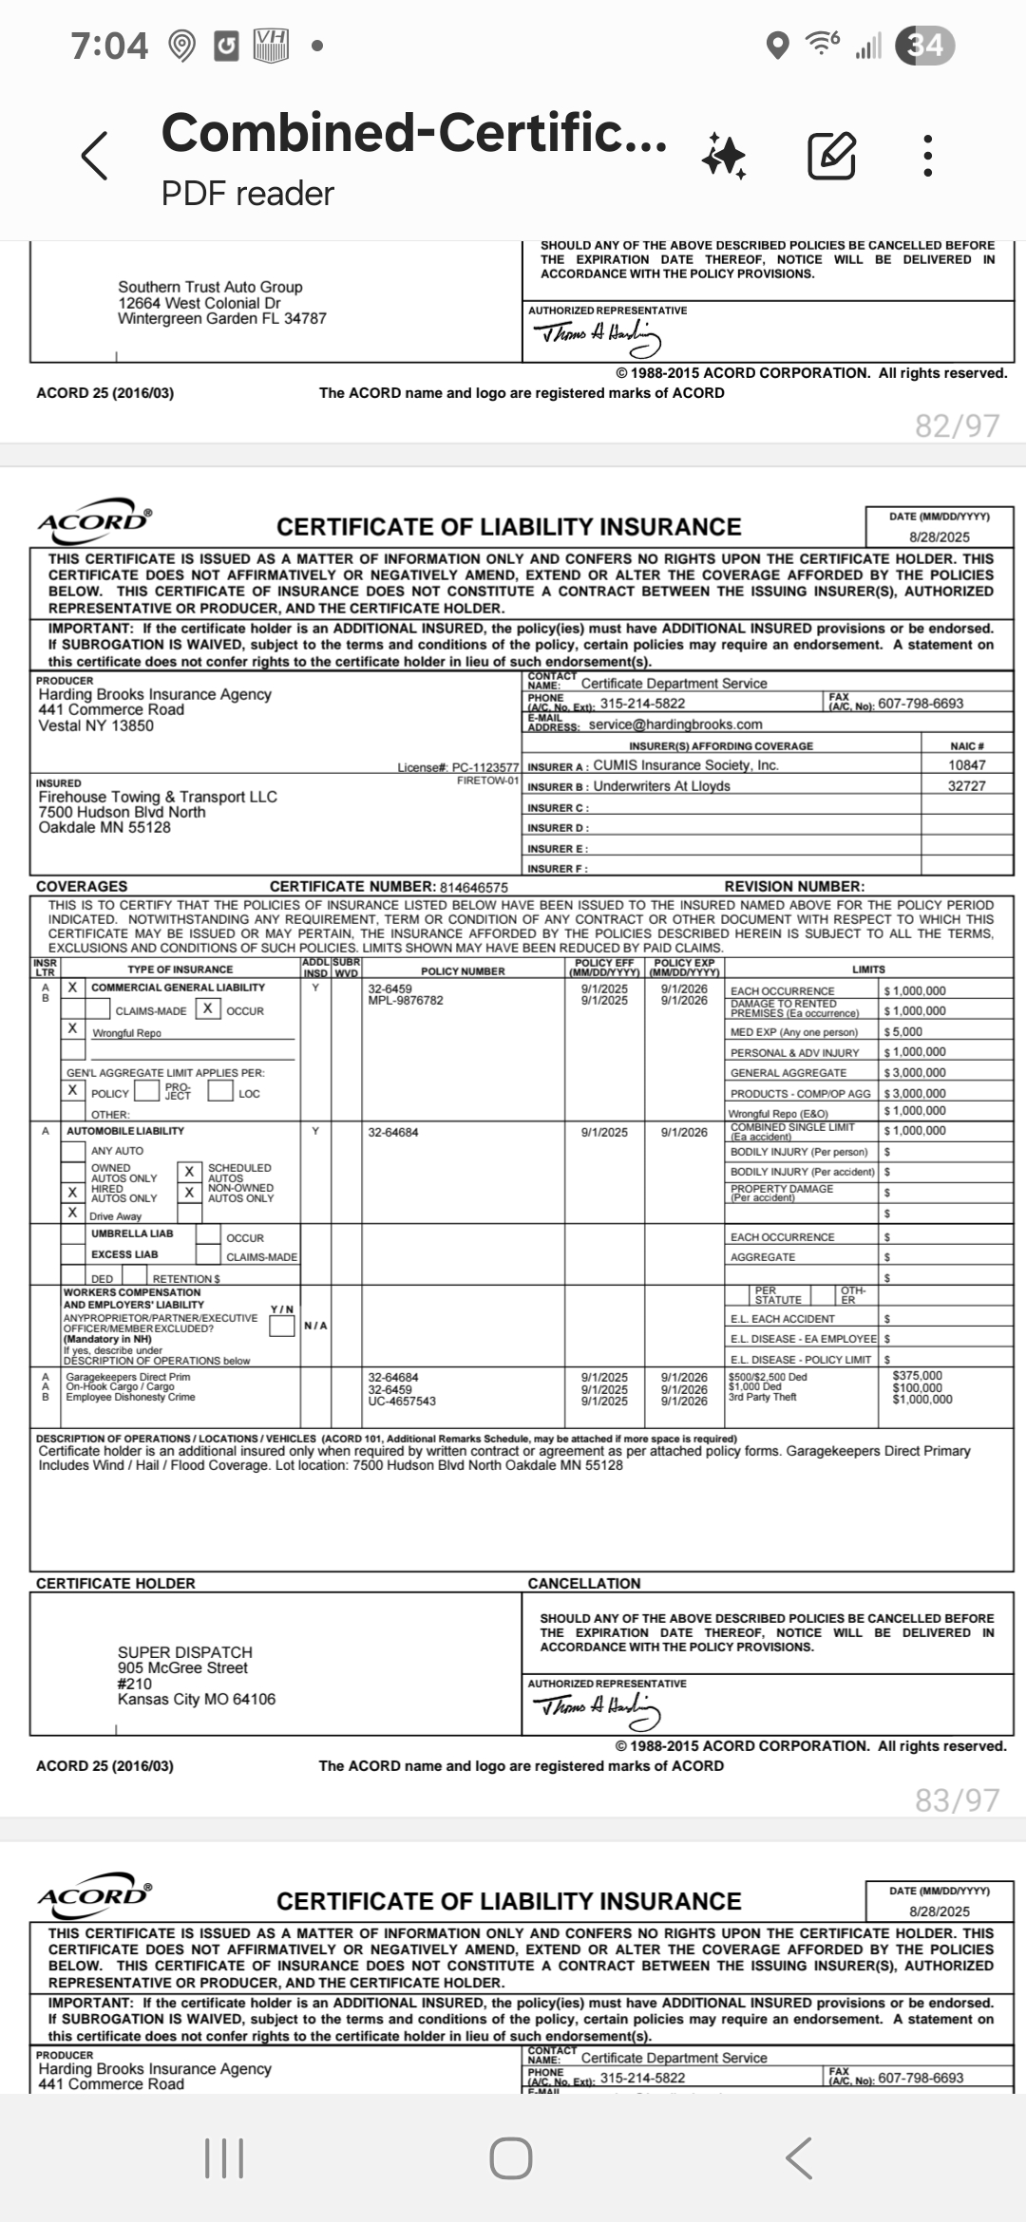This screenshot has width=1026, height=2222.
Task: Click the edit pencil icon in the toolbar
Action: [x=831, y=156]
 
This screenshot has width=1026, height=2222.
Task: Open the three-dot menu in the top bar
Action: [x=928, y=156]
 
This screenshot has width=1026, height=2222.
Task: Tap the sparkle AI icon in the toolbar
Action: [x=724, y=156]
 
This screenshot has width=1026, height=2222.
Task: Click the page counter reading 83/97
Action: [x=957, y=1800]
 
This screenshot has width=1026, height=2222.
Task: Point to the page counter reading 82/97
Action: [x=957, y=425]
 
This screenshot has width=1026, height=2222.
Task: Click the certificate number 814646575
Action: [x=473, y=887]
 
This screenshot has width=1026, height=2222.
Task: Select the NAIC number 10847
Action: [x=966, y=765]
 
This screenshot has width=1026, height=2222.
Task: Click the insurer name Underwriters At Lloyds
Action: [x=661, y=786]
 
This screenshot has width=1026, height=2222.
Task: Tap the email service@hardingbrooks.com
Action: [x=674, y=725]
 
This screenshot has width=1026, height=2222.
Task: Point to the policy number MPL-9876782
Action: [x=406, y=1001]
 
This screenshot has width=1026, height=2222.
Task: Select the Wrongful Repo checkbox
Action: [x=72, y=1028]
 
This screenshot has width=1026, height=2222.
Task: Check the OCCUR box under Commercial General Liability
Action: [x=206, y=1009]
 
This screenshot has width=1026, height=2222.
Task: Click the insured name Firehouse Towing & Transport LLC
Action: [x=158, y=797]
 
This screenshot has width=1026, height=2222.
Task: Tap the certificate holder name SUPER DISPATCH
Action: [x=185, y=1652]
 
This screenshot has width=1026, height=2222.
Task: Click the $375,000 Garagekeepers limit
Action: [x=917, y=1376]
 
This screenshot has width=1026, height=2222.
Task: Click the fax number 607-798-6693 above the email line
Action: [x=920, y=704]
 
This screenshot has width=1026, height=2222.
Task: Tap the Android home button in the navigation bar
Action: [x=511, y=2158]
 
